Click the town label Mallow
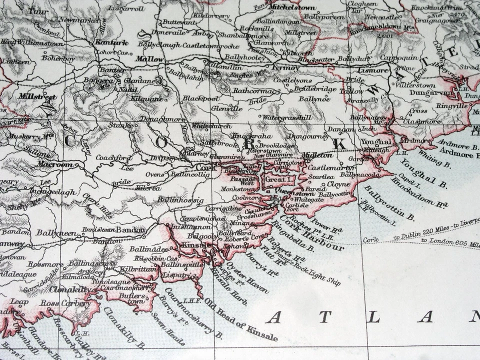(150, 58)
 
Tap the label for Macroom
(56, 164)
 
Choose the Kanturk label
(111, 42)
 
